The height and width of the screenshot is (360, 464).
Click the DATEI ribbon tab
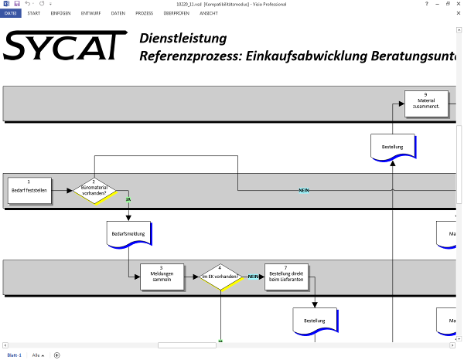(11, 13)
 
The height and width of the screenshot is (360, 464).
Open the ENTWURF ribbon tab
(91, 13)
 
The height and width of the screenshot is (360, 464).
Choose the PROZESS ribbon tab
(144, 13)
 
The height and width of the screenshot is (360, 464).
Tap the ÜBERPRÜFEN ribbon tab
(176, 13)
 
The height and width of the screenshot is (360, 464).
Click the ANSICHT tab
(209, 13)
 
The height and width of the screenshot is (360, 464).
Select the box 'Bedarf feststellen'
(30, 190)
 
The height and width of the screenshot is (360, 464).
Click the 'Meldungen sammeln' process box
(162, 276)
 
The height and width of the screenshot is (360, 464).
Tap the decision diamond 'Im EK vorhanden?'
(220, 276)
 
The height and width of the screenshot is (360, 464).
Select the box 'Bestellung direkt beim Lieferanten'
(285, 276)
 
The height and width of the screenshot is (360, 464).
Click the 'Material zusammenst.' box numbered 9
(426, 104)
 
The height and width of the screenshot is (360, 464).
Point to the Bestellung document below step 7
(314, 320)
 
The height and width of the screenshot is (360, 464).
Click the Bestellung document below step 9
(393, 147)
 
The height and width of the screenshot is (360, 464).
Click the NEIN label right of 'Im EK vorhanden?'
(254, 276)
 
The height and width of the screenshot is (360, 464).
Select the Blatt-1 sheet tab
(14, 355)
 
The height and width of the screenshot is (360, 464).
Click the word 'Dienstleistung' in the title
(183, 38)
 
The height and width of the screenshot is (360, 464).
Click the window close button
(458, 4)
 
